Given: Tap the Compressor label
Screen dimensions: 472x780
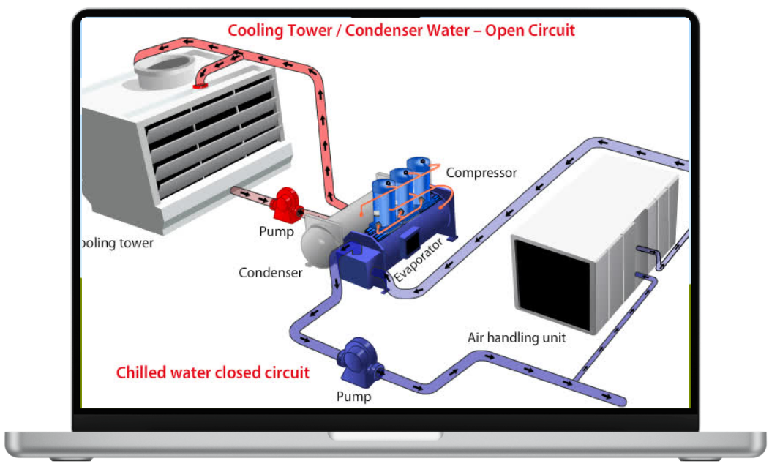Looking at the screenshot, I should (481, 173).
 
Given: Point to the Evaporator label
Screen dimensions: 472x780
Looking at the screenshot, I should (418, 259).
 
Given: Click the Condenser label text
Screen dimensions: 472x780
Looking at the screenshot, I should (270, 273).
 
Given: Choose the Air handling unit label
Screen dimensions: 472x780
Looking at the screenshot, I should (517, 338).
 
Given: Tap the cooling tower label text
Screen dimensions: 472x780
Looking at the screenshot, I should (117, 244).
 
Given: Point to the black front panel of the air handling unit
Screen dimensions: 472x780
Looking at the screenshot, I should (552, 282).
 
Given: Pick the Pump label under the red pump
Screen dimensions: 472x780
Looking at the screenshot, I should (276, 232).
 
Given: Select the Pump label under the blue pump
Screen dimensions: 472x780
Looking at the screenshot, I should (353, 397).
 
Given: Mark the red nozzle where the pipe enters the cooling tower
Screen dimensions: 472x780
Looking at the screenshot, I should (198, 86).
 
